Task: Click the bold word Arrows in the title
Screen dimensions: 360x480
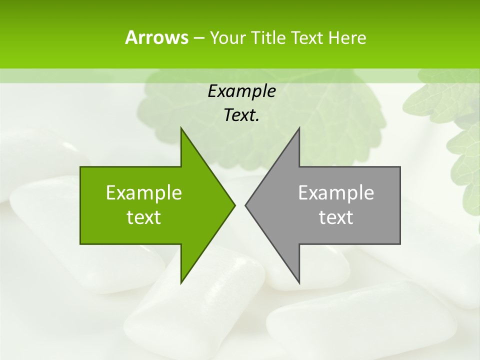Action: (156, 37)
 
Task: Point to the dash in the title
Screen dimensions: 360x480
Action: (198, 38)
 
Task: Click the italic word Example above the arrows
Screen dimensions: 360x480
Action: (241, 91)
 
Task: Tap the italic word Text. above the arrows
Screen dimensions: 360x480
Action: (241, 115)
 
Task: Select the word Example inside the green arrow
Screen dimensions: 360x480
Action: (144, 192)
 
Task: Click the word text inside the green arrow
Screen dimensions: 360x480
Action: (144, 217)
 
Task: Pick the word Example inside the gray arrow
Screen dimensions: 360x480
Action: (336, 192)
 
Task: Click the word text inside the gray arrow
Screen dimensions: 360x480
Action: (336, 217)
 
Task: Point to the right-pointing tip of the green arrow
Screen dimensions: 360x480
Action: (234, 205)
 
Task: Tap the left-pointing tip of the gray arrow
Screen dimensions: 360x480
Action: (245, 205)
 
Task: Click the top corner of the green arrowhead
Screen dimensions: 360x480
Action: (181, 128)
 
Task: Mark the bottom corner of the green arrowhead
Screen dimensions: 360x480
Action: (181, 282)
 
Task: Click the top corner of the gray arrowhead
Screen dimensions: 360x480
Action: (299, 128)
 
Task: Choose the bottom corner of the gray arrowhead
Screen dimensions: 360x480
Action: (299, 282)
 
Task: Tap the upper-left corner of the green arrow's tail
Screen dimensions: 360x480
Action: (80, 167)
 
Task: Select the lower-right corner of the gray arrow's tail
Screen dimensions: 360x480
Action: (400, 243)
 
